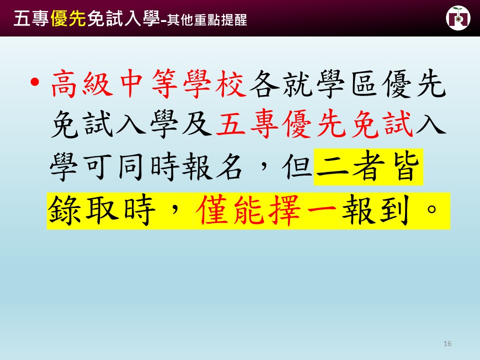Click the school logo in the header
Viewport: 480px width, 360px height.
click(x=458, y=18)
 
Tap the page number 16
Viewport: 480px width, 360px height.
click(x=447, y=343)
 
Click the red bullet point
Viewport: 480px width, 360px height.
click(x=34, y=82)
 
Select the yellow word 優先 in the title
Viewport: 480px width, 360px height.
click(x=68, y=19)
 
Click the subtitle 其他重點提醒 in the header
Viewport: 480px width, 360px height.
click(x=207, y=20)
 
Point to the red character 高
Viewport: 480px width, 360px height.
click(x=63, y=84)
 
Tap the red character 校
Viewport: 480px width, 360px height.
click(x=230, y=84)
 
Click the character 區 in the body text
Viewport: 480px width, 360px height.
click(x=364, y=84)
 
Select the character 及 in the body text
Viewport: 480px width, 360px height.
click(x=197, y=124)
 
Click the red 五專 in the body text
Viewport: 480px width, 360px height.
click(x=247, y=124)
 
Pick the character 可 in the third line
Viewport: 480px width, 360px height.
click(x=98, y=166)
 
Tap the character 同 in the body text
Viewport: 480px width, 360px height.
click(x=130, y=166)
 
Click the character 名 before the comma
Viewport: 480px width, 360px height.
click(x=229, y=166)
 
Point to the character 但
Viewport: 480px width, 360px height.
click(x=297, y=166)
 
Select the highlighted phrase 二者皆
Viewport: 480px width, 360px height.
click(x=368, y=166)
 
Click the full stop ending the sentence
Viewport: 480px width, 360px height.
click(x=431, y=209)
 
